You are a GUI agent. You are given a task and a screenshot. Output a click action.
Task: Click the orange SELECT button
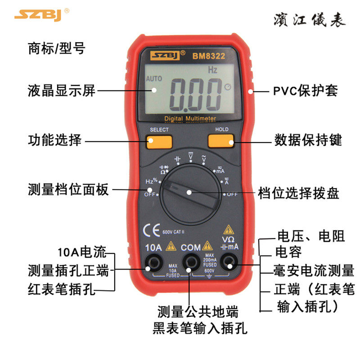159,141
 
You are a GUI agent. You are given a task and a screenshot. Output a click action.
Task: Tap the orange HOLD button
221,141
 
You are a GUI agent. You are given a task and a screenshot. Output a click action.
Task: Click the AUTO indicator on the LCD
154,78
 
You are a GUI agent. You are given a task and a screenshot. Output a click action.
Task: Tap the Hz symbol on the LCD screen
212,70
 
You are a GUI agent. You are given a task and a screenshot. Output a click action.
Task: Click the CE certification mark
151,230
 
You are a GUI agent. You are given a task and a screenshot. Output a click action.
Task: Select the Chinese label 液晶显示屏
62,90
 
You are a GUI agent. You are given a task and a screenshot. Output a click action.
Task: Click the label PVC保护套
306,91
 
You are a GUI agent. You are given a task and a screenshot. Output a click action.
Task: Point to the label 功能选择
54,140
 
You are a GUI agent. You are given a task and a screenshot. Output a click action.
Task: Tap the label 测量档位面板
68,189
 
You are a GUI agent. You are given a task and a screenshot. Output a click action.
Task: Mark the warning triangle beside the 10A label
171,246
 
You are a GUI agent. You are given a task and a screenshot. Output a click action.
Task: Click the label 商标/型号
56,48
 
